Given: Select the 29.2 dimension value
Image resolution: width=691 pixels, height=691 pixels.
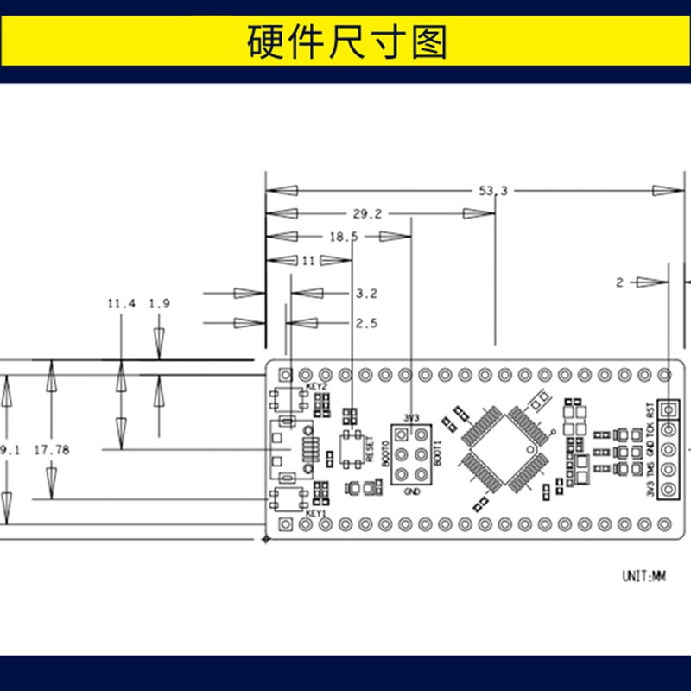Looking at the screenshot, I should (x=367, y=213).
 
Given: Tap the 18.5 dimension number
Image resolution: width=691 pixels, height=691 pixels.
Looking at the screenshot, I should (x=343, y=237).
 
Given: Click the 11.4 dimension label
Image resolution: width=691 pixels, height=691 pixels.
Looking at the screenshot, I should (x=121, y=304).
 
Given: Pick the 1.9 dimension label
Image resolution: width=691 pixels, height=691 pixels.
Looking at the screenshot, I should (x=159, y=304).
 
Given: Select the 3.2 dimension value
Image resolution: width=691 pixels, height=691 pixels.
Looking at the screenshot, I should (x=366, y=294).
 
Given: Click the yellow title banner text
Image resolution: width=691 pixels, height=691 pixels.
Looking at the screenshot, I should (x=345, y=41).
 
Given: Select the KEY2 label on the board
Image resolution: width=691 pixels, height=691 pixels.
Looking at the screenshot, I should (x=317, y=386).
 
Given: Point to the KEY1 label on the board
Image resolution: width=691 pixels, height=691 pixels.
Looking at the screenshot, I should (x=317, y=514).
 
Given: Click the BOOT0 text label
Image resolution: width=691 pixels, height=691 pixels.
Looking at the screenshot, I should (x=384, y=454).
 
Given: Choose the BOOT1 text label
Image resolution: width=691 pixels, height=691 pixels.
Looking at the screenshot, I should (x=438, y=454).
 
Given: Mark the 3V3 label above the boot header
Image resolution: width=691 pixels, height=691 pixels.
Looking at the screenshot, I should (x=410, y=417).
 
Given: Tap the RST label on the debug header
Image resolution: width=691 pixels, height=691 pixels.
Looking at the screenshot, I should (x=650, y=409).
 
